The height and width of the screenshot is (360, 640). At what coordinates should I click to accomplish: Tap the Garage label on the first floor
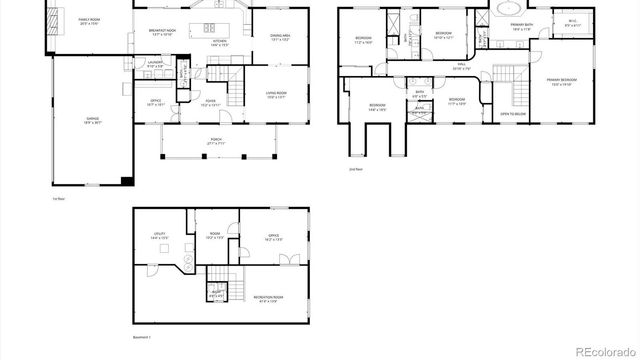tap(91, 120)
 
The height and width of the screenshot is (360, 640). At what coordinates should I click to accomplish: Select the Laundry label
tap(156, 63)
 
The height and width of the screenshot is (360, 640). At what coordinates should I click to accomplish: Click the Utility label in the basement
tap(159, 237)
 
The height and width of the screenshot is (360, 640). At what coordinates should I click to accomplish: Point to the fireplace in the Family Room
tap(52, 21)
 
